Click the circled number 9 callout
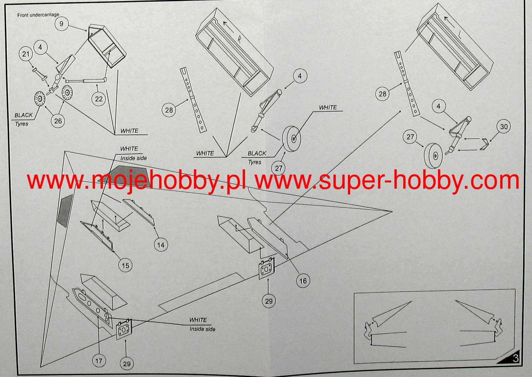(61, 24)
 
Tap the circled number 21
(26, 54)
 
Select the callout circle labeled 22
(99, 99)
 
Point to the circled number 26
(58, 121)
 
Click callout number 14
(161, 245)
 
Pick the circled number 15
(125, 266)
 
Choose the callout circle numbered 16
(303, 281)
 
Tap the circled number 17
(99, 361)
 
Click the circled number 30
(504, 127)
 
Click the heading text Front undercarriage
(38, 15)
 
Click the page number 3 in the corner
(516, 358)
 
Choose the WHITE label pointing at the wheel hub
(328, 108)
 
